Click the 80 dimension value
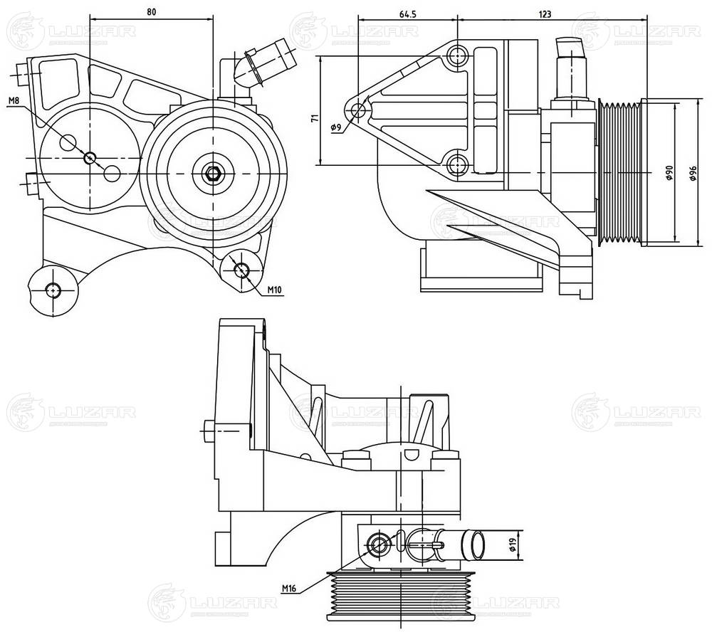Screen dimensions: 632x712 click(x=151, y=12)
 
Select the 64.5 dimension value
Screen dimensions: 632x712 click(x=407, y=14)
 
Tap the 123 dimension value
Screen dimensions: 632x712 click(x=545, y=14)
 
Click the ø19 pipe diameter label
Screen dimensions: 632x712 click(x=513, y=545)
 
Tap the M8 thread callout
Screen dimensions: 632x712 click(x=14, y=101)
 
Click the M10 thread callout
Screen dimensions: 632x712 click(x=275, y=290)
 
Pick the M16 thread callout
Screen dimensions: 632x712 click(x=289, y=589)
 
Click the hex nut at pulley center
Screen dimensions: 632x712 click(x=212, y=172)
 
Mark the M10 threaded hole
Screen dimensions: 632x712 click(x=241, y=269)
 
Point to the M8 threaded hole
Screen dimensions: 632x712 click(x=90, y=157)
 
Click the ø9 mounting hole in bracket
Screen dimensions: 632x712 click(x=359, y=110)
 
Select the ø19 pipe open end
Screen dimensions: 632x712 click(x=475, y=545)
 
